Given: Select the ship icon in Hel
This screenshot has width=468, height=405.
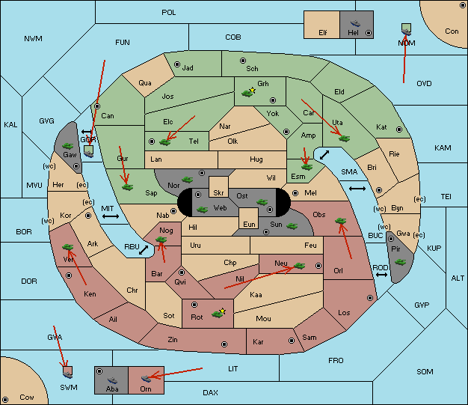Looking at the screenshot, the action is tap(355, 23).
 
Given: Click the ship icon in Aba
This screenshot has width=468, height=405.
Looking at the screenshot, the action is tap(112, 380).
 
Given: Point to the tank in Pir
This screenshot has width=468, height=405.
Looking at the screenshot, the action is tap(400, 262).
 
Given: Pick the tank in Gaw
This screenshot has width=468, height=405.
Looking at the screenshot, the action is tap(67, 145).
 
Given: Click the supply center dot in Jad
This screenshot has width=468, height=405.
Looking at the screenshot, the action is tap(177, 64).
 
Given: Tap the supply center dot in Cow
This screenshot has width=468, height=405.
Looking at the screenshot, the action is tap(5, 399).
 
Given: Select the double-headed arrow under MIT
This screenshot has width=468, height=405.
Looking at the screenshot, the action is tap(111, 216).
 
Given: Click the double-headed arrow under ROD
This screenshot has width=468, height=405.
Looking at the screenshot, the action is tap(381, 275).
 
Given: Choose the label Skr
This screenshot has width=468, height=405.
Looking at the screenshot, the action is tap(218, 193).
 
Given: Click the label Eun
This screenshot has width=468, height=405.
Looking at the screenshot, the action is tap(249, 224).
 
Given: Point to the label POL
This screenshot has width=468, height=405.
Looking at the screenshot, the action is tap(169, 13).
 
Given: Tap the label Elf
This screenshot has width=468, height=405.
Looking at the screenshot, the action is tap(323, 33).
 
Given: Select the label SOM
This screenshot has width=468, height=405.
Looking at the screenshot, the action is tap(425, 371).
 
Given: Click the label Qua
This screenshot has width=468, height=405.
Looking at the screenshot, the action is tap(145, 83).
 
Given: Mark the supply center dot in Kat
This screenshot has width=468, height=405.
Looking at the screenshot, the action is tap(399, 130).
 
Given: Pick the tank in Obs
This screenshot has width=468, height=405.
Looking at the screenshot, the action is tap(341, 221).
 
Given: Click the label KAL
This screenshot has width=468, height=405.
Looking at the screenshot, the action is tap(10, 124).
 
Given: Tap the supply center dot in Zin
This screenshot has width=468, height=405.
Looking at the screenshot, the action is tap(224, 344).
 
